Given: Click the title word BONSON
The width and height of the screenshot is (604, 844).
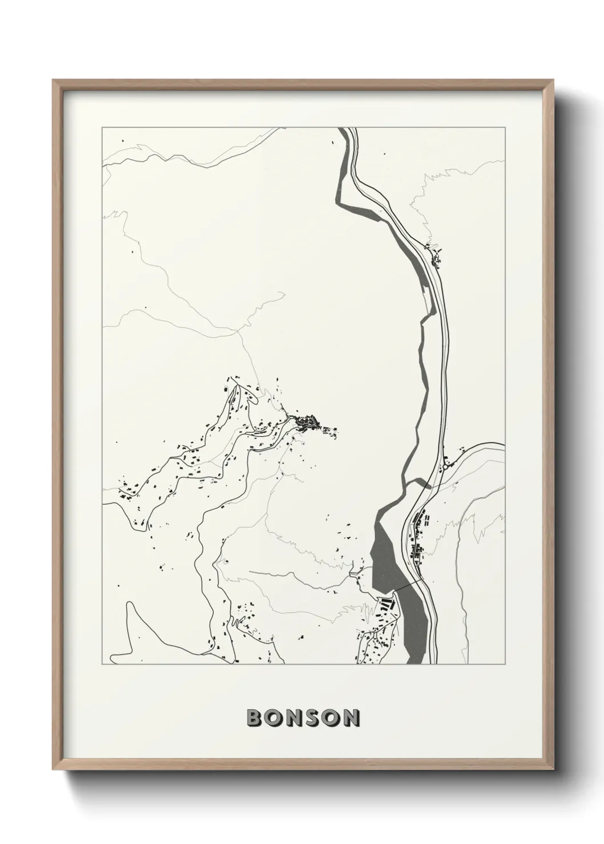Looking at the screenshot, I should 303,718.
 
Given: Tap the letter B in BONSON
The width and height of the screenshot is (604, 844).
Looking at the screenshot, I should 254,718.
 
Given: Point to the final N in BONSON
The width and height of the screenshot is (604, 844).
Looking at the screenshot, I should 351,718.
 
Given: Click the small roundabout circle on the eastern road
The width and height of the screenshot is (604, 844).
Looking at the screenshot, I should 444,467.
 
